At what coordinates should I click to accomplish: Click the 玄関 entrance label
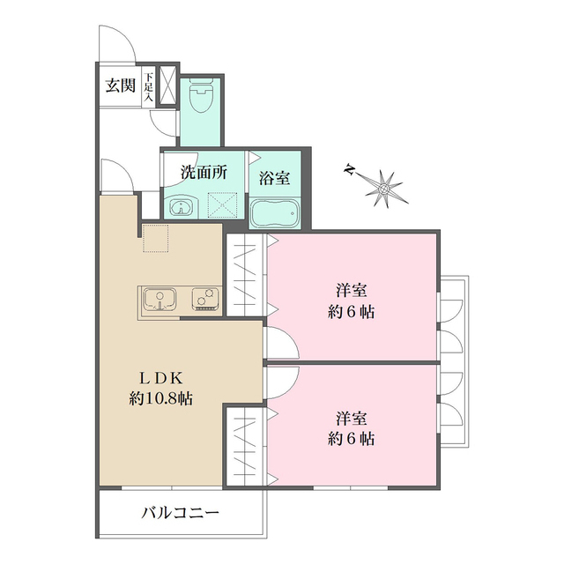[121, 85]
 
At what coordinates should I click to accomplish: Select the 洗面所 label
[204, 173]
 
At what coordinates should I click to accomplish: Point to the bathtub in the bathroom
[275, 212]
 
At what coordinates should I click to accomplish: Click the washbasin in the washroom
[182, 208]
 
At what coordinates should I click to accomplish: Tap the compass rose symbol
[385, 186]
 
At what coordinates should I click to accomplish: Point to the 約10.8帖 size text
[160, 398]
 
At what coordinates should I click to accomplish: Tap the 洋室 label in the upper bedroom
[351, 290]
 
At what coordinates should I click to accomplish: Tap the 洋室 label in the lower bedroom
[351, 417]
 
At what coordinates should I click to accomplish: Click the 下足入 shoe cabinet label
[149, 86]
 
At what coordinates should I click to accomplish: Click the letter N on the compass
[350, 168]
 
